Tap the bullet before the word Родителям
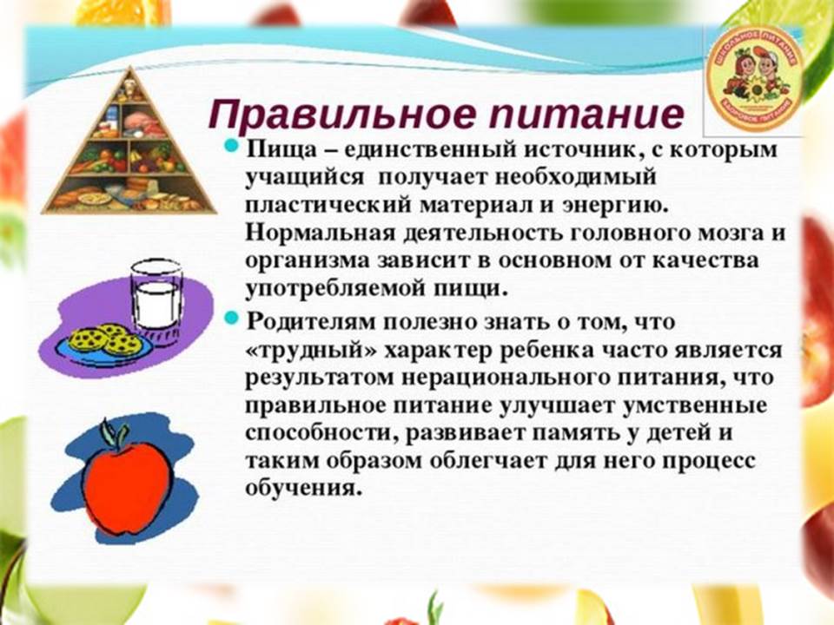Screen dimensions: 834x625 [x=230, y=319]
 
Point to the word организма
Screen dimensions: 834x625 [x=308, y=262]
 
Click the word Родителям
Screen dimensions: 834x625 [x=310, y=322]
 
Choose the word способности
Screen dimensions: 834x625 [x=321, y=432]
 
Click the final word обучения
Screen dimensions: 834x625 [x=300, y=488]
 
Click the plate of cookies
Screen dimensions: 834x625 [x=106, y=344]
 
